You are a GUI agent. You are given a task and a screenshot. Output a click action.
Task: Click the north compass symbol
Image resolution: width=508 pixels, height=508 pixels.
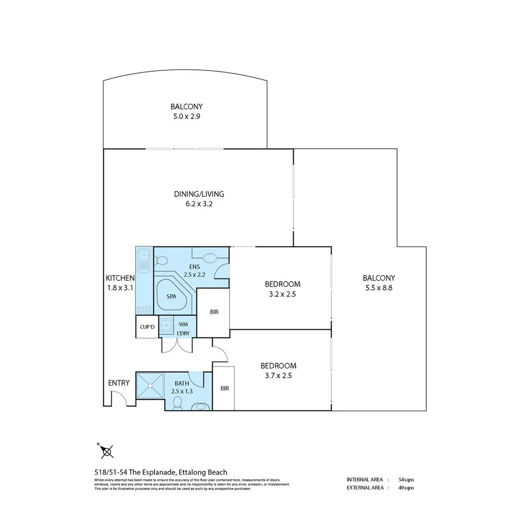coord(107,451)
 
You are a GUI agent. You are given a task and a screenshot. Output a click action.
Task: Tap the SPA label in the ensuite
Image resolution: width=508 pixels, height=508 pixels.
coord(172,297)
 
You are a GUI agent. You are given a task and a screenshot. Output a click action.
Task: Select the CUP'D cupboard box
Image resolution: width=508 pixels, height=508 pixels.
coord(147,327)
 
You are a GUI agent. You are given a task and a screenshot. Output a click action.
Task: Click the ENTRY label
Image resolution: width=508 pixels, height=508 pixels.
coord(119,383)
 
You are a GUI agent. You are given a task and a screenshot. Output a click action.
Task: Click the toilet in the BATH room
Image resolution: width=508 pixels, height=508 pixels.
coord(177,402)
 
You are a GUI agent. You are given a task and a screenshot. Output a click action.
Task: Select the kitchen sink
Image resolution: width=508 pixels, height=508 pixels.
coord(144,257)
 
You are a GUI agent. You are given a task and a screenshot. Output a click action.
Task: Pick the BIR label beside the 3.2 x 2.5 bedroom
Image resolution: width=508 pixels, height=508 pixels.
coord(214,313)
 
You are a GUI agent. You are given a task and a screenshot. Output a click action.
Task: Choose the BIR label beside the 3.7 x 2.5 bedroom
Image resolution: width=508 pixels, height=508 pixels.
coord(224,388)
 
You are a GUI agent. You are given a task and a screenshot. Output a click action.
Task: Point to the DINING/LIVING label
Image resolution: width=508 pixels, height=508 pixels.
coord(199,194)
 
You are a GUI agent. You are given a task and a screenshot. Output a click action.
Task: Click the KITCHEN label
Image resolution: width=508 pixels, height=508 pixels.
coord(120,278)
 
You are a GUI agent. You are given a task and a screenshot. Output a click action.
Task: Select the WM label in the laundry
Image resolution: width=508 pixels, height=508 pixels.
coord(183,323)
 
